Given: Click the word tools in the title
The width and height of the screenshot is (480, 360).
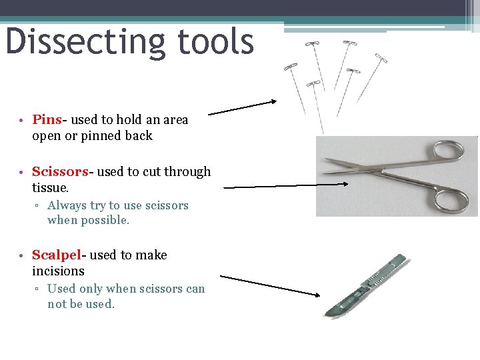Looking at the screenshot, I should coord(216,41).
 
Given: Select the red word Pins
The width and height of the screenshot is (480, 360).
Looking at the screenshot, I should coord(47,120).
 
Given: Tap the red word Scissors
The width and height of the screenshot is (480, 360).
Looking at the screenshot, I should coord(60,172).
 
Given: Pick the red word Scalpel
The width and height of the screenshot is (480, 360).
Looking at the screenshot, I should coord(57,255).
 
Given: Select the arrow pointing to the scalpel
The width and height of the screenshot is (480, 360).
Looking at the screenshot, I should coord(270,285).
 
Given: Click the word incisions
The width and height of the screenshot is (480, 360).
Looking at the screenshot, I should coord(59,271).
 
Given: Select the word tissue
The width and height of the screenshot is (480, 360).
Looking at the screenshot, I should coord(50,188).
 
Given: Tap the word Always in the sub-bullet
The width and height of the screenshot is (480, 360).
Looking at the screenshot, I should coord(67,205).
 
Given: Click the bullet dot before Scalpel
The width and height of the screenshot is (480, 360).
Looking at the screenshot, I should coord(22,256).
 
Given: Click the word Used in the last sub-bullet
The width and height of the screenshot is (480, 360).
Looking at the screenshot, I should coord(61,289).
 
